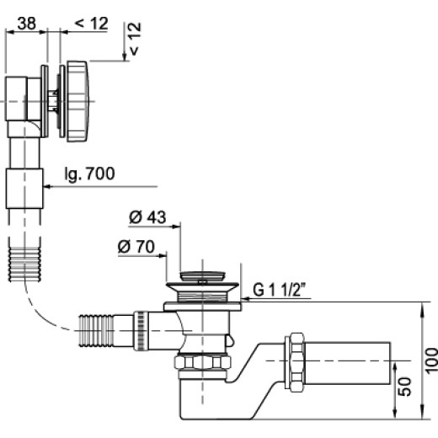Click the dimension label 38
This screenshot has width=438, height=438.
27,24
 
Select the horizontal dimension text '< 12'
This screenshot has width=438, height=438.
92,24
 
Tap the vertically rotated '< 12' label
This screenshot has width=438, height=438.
134,39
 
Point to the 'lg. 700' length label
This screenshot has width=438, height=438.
90,174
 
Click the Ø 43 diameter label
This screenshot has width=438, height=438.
147,217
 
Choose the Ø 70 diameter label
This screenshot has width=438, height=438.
136,247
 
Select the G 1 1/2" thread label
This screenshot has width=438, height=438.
280,289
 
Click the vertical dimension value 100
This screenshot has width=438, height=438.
431,361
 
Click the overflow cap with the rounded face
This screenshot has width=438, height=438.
77,101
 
